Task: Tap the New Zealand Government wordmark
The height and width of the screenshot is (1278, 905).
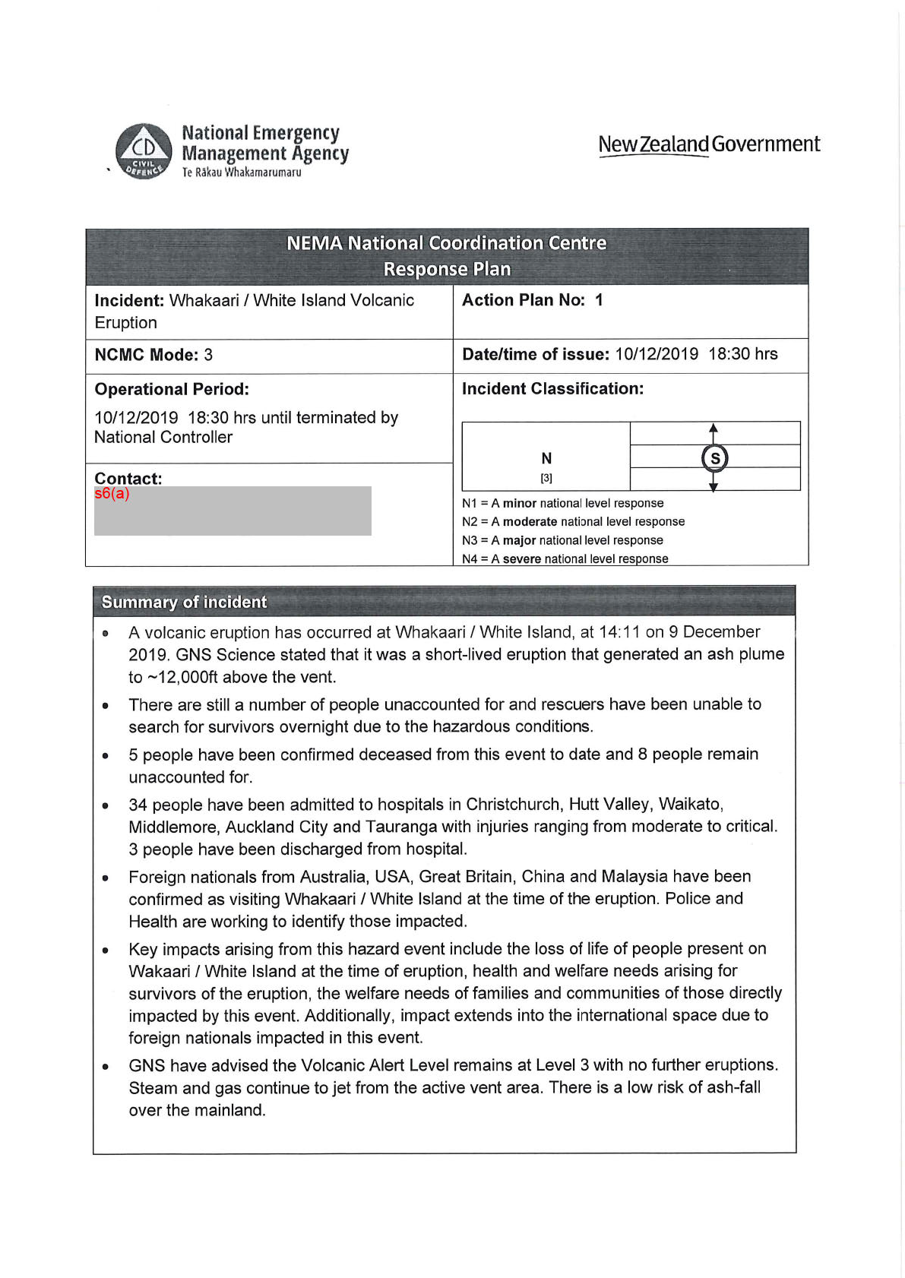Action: pos(708,144)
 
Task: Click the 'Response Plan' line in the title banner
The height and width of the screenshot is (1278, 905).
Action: pos(447,269)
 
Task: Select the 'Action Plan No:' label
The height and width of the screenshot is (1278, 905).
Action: pos(523,300)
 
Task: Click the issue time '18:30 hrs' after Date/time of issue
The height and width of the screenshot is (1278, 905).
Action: pos(742,354)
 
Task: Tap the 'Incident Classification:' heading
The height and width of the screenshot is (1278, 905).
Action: pos(552,389)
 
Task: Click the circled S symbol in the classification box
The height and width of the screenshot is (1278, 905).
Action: pos(714,458)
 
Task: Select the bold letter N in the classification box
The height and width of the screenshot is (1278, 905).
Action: pos(546,458)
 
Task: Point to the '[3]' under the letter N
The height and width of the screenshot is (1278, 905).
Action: pos(546,479)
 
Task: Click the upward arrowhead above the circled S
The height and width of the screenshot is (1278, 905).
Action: pos(714,429)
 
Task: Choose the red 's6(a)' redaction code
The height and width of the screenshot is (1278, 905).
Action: pos(112,494)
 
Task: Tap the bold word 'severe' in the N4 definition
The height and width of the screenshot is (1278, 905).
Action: pos(521,559)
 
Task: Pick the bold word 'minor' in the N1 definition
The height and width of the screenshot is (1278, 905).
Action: pos(519,504)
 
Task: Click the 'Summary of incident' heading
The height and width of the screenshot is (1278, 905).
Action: pos(184,603)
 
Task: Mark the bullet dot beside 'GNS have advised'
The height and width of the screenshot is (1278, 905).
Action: pos(106,1067)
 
